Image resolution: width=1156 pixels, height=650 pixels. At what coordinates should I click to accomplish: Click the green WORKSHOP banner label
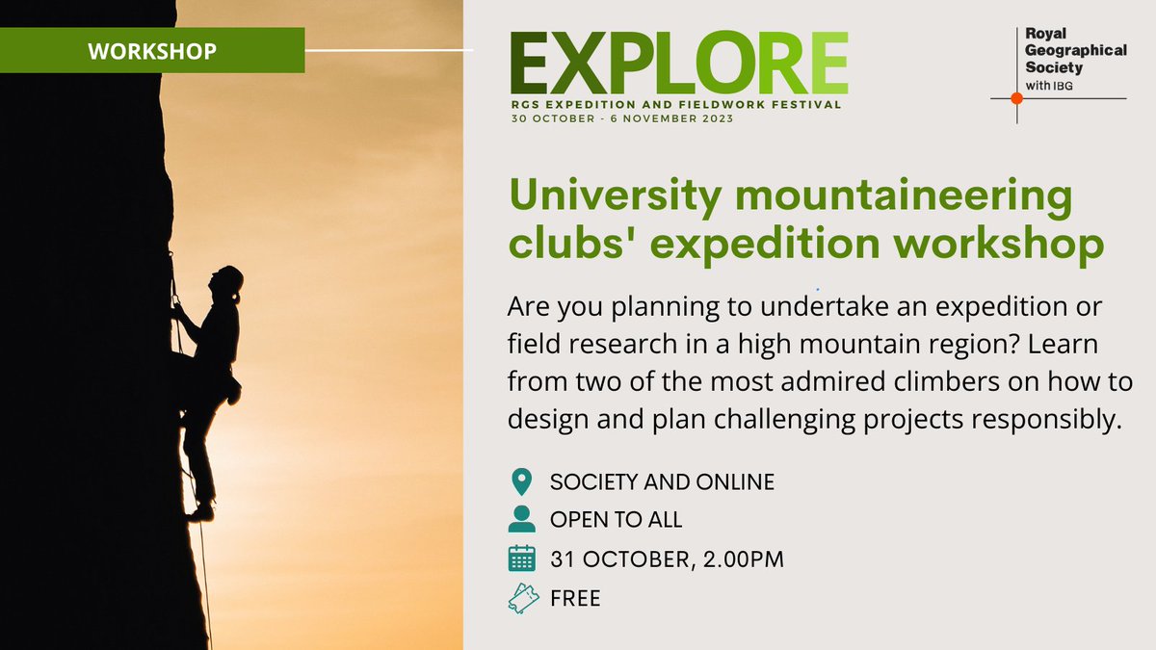[152, 50]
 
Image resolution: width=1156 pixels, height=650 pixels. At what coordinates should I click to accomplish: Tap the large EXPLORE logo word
[679, 64]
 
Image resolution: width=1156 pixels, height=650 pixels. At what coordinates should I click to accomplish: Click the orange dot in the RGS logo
[1015, 98]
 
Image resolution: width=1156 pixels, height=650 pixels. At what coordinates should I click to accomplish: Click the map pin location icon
[521, 481]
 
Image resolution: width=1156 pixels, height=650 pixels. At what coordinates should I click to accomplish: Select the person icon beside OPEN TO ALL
[521, 519]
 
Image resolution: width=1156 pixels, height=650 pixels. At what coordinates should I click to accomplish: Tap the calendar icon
[521, 559]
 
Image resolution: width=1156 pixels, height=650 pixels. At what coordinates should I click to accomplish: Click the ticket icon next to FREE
[521, 599]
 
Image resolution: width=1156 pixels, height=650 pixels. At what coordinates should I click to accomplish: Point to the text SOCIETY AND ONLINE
[662, 481]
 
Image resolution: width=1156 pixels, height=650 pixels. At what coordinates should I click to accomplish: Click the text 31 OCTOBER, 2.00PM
[667, 559]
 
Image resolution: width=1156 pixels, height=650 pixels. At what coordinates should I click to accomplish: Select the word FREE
[575, 598]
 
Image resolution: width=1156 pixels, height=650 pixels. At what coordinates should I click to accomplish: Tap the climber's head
[229, 278]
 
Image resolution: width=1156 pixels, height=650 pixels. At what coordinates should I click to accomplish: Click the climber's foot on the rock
[200, 512]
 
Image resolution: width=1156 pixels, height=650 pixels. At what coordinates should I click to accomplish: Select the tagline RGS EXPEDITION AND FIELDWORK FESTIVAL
[677, 104]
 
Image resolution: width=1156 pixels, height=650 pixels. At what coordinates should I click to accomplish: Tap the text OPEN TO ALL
[616, 519]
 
